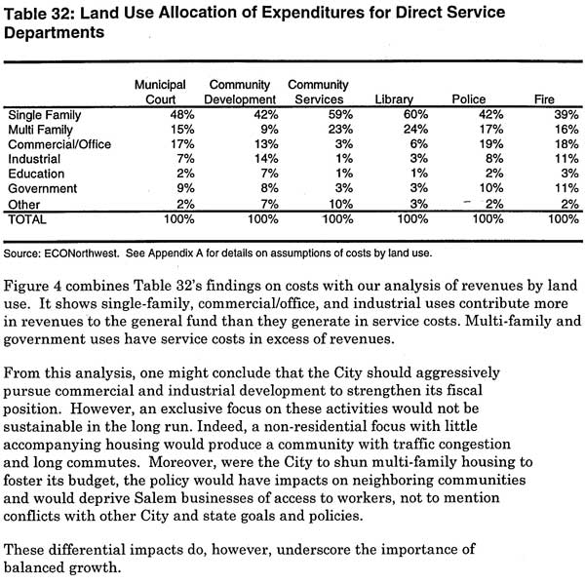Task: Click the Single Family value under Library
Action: (415, 114)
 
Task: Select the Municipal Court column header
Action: (160, 92)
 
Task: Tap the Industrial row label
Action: (34, 159)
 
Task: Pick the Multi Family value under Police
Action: (491, 129)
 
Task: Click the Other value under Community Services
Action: (340, 204)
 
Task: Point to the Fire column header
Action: (544, 99)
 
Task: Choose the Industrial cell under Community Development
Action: (266, 159)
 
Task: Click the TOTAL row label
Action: (27, 219)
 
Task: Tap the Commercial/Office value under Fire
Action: (566, 144)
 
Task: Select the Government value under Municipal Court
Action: (185, 188)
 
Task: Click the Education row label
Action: (36, 174)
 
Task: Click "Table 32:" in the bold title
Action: (40, 14)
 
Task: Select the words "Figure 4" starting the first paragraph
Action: (32, 286)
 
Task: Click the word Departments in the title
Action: (54, 33)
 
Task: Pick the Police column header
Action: (469, 99)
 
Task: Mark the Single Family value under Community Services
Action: (340, 114)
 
